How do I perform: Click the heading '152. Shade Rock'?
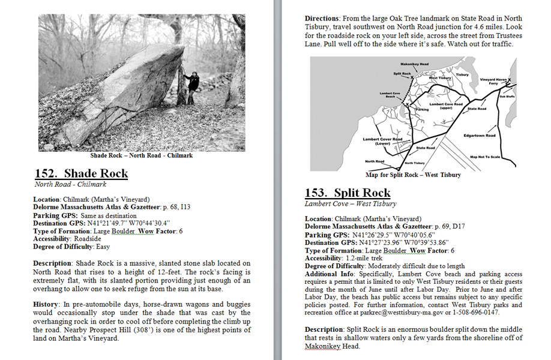pos(81,174)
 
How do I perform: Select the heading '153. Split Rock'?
pos(348,193)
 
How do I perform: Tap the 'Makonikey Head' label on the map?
pos(414,64)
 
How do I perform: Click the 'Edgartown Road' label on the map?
pos(479,136)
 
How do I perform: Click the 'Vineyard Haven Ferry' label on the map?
pos(494,81)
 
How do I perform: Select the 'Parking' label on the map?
pos(423,110)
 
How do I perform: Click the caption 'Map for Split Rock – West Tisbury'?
pos(413,175)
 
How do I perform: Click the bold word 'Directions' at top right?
pos(324,19)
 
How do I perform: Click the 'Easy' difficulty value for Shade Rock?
pos(104,246)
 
